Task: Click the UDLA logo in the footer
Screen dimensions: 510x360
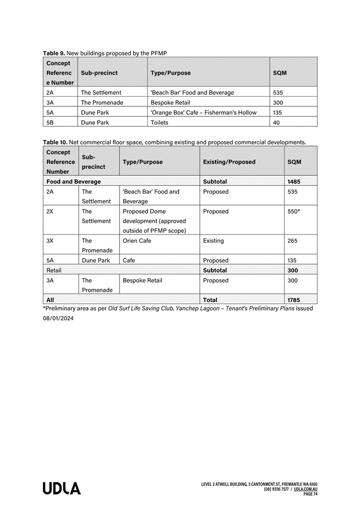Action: (61, 489)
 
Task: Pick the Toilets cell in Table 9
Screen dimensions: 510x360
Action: (159, 123)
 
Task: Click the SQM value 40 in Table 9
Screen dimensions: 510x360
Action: (277, 123)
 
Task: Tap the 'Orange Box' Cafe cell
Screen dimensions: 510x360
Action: (203, 112)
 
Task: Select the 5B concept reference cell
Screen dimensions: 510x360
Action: (50, 123)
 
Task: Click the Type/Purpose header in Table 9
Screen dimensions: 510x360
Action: (171, 73)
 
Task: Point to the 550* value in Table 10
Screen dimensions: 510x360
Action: (294, 212)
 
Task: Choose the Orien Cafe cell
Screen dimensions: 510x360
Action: (137, 241)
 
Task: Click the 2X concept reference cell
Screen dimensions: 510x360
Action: (50, 212)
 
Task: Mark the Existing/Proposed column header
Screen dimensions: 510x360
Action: (229, 162)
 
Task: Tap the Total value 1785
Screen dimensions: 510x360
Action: (294, 300)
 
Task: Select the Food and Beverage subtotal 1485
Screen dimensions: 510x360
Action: (294, 181)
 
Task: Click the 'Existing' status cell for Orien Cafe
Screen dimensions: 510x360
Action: (213, 241)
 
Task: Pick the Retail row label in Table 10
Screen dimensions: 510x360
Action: (54, 270)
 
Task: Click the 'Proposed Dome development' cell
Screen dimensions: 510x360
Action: (154, 221)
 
